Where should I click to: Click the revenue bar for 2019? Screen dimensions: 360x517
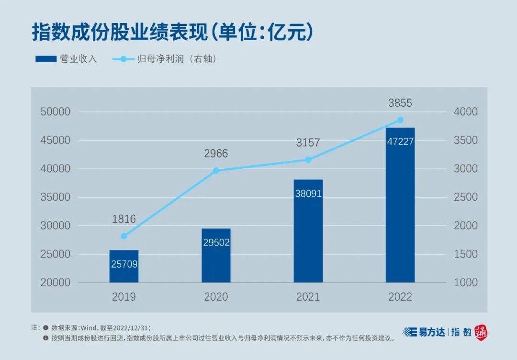point(124,266)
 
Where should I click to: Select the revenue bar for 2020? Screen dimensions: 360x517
point(216,256)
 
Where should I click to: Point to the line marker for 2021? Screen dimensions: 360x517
point(308,159)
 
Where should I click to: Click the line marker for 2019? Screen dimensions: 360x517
point(124,236)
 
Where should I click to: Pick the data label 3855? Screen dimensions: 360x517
point(400,103)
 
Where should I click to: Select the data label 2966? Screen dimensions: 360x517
point(216,154)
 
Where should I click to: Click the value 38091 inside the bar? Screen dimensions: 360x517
point(308,194)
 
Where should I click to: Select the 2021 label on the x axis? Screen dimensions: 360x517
point(308,297)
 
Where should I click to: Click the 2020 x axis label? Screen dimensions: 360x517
point(216,297)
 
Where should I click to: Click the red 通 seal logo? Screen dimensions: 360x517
point(481,332)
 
